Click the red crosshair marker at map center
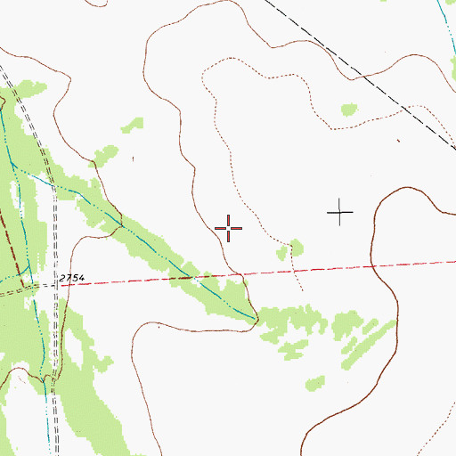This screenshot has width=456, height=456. [228, 229]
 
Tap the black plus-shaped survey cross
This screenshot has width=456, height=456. [340, 212]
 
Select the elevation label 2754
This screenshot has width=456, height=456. [72, 279]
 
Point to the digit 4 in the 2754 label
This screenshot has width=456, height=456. [81, 279]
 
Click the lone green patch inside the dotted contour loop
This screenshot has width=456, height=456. [348, 110]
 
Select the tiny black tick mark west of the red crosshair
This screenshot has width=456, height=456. [133, 159]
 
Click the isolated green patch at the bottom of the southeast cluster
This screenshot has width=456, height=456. [314, 384]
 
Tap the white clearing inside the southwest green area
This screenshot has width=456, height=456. [45, 321]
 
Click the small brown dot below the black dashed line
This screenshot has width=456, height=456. [398, 141]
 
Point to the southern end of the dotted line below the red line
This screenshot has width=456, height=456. [303, 290]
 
